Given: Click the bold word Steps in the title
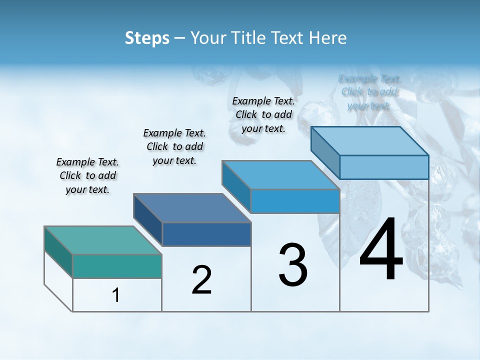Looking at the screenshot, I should tap(147, 38).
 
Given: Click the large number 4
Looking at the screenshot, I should tap(381, 250).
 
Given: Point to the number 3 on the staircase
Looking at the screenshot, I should tap(293, 265).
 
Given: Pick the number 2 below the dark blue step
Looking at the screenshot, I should tap(201, 280).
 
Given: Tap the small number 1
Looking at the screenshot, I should tap(116, 295).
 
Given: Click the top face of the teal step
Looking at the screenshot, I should tap(103, 240).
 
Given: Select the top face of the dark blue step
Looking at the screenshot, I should tap(192, 208).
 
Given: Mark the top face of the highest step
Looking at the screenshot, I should tap(370, 141).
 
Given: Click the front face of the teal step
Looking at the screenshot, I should tap(117, 266).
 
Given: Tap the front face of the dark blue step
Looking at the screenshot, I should tap(206, 234).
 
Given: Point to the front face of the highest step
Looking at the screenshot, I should tap(384, 167).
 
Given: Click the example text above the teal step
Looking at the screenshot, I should tap(87, 176).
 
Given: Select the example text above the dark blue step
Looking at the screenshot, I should tap(174, 147).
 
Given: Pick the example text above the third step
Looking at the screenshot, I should tap(263, 114).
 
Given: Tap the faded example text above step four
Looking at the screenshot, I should tap(369, 92).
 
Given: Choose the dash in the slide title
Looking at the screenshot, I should tap(180, 38).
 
